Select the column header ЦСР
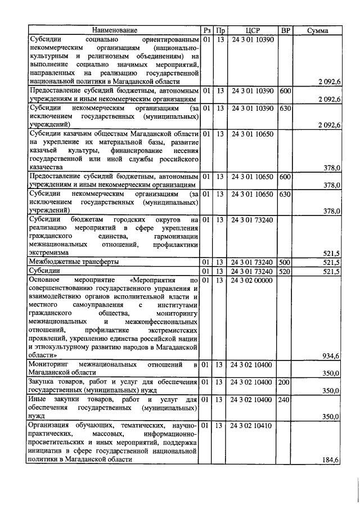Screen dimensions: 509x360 pyautogui.click(x=252, y=30)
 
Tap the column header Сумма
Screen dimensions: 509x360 pyautogui.click(x=318, y=30)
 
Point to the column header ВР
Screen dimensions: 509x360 pyautogui.click(x=285, y=30)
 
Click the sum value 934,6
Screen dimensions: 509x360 pyautogui.click(x=330, y=356)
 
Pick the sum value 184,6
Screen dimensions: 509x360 pyautogui.click(x=330, y=460)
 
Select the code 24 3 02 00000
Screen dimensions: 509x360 pyautogui.click(x=252, y=280)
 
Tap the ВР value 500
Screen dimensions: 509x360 pyautogui.click(x=285, y=262)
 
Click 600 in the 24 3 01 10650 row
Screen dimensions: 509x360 pyautogui.click(x=285, y=177)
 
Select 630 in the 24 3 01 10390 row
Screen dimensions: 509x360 pyautogui.click(x=285, y=107)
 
